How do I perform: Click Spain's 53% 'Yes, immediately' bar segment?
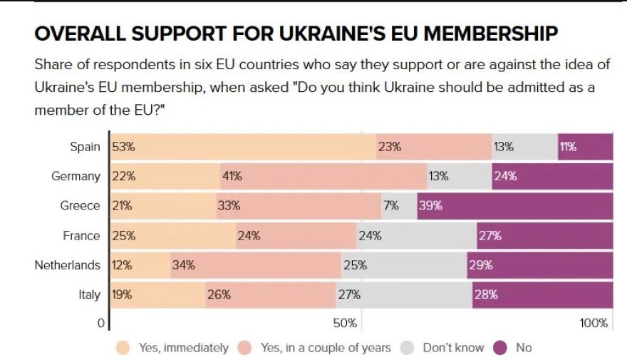point(242,147)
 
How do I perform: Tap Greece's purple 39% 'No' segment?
point(514,205)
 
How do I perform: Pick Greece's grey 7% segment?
point(399,205)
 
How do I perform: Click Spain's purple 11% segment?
point(584,147)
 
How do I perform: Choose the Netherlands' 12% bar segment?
point(140,265)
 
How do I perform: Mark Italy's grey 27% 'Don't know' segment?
point(403,294)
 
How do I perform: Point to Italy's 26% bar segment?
point(270,294)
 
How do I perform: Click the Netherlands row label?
point(68,265)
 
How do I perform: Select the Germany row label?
point(76,176)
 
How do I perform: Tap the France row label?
point(81,235)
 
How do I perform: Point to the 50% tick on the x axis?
point(345,323)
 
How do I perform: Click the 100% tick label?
point(594,323)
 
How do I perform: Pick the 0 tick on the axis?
point(101,323)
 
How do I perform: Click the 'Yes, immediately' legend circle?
point(123,348)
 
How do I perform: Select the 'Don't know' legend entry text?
point(453,348)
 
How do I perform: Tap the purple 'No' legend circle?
point(500,348)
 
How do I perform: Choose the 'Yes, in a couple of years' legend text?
point(326,348)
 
